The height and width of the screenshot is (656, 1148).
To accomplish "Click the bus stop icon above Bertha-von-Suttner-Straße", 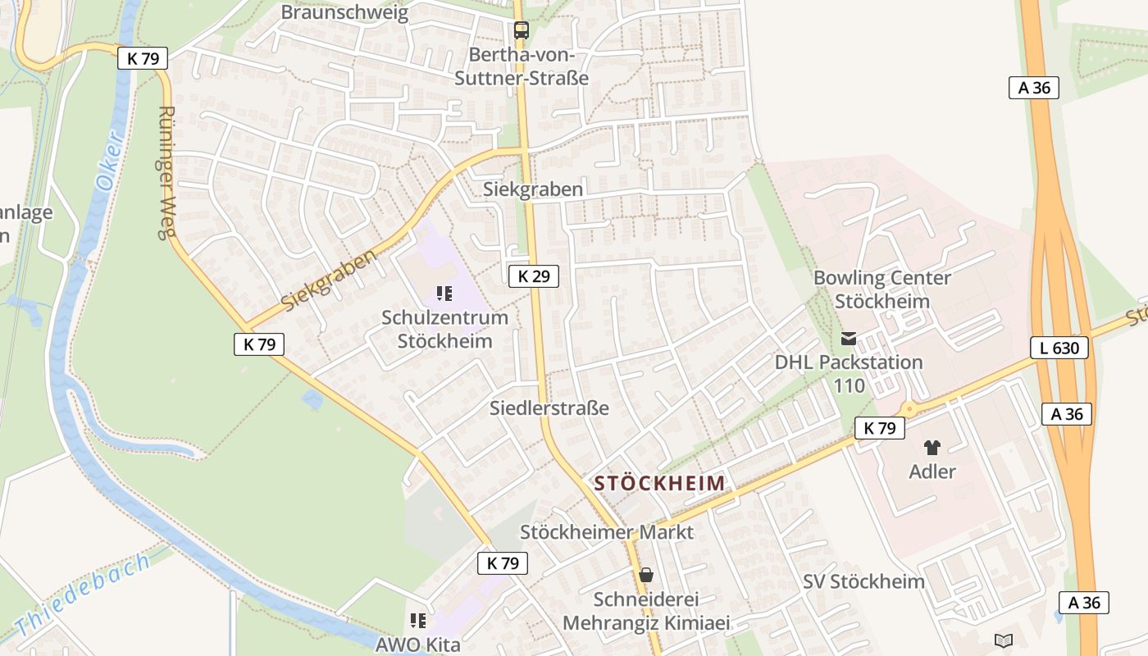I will (521, 30).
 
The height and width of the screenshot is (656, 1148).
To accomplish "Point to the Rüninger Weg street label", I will (166, 172).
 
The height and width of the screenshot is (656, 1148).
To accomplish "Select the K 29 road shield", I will (533, 276).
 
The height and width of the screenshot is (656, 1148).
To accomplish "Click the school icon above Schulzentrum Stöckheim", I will (444, 293).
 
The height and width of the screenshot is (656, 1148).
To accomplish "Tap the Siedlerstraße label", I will (549, 408).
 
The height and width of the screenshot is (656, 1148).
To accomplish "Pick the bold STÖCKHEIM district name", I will (660, 483).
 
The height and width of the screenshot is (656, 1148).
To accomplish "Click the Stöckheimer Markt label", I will (607, 532).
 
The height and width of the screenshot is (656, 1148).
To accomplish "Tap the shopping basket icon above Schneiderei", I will (646, 575).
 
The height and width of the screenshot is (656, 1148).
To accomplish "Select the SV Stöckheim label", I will (863, 581).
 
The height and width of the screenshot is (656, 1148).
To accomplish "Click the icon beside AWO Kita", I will (418, 621).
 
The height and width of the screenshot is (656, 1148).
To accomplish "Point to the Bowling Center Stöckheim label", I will (882, 289).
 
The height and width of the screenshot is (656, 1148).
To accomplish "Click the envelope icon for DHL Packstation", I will (849, 339).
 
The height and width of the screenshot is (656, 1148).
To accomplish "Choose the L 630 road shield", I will (1059, 348).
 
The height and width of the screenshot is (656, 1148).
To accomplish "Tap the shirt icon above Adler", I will (932, 448).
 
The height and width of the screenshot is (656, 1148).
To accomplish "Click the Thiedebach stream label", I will (83, 594).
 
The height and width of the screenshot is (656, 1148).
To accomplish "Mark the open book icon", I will (1004, 640).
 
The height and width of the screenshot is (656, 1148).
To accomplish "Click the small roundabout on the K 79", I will (908, 409).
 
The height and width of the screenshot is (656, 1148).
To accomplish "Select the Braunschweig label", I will (344, 12).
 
